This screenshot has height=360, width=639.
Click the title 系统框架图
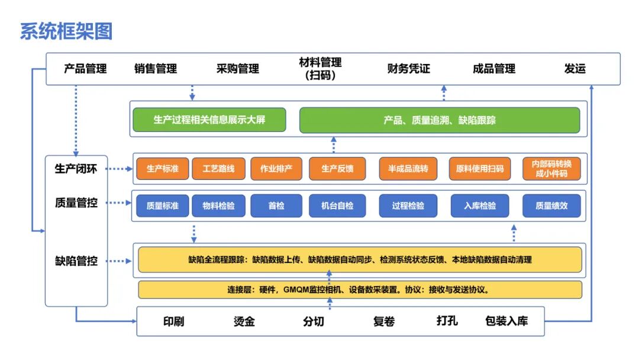point(66,31)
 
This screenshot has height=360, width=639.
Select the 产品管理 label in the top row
point(85,69)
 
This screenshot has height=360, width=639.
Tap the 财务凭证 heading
point(408,69)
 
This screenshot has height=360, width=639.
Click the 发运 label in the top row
point(575,69)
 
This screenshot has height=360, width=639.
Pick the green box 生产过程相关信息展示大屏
point(209,120)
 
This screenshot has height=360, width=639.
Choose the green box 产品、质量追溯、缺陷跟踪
point(440,120)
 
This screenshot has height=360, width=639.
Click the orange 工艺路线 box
point(218,169)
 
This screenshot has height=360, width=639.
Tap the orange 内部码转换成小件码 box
point(551,169)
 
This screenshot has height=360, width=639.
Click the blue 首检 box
point(276,206)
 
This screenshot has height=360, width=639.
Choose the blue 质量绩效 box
point(551,206)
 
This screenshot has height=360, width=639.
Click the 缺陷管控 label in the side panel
point(76,261)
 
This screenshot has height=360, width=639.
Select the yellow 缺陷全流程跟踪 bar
point(360,259)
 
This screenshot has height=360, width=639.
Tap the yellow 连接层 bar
point(360,290)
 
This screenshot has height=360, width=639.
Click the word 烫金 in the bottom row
point(244,322)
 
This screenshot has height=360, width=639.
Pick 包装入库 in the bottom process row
point(506,322)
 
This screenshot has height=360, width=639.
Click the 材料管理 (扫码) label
point(320,69)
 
